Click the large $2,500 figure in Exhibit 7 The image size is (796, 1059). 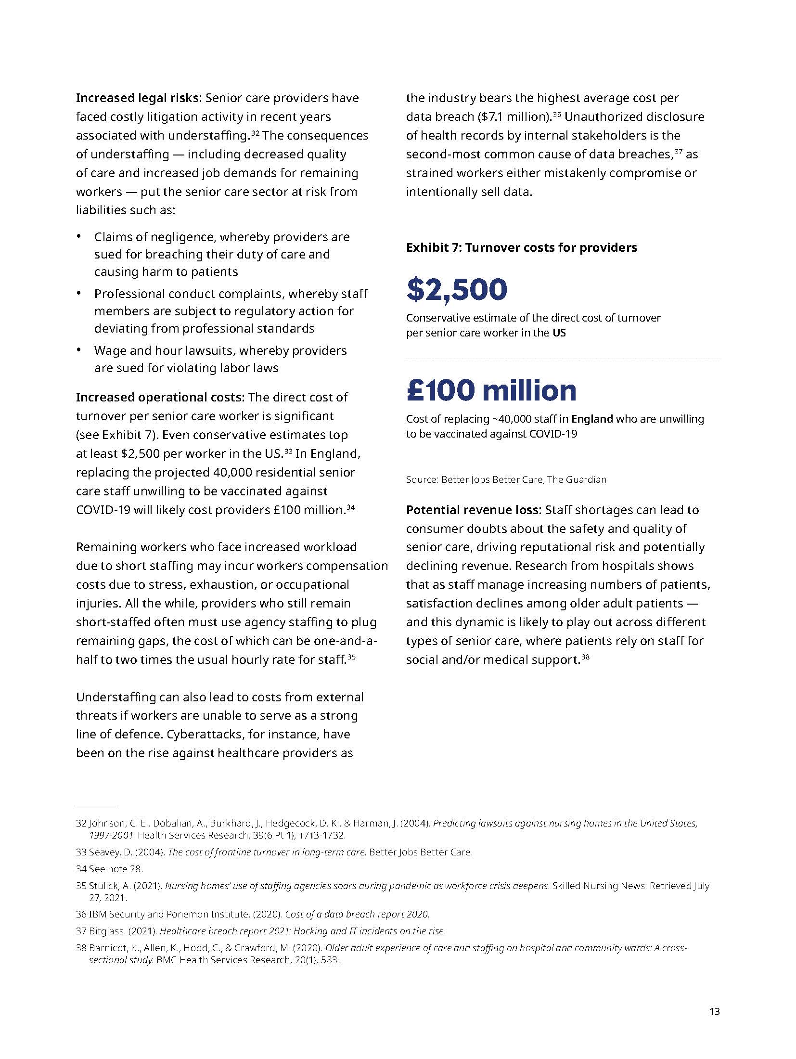pyautogui.click(x=456, y=289)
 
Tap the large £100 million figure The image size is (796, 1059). pyautogui.click(x=491, y=390)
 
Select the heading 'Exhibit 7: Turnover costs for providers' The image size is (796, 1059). pyautogui.click(x=521, y=247)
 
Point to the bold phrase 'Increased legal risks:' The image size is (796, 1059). pyautogui.click(x=139, y=98)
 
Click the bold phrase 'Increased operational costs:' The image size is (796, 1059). pyautogui.click(x=160, y=398)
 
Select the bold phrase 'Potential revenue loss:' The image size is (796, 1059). pyautogui.click(x=474, y=510)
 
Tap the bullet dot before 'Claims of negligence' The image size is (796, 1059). pyautogui.click(x=79, y=236)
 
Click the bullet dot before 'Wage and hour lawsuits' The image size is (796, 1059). pyautogui.click(x=79, y=350)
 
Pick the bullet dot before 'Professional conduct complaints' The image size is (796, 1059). pyautogui.click(x=79, y=293)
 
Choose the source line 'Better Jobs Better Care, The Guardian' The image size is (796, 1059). pyautogui.click(x=524, y=479)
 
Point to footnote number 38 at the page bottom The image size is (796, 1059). pyautogui.click(x=81, y=948)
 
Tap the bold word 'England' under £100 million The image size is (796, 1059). pyautogui.click(x=592, y=419)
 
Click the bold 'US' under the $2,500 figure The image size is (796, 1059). pyautogui.click(x=559, y=333)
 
